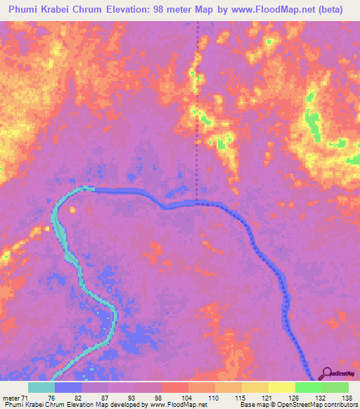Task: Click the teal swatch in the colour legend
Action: (41, 387)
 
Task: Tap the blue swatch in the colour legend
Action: (68, 387)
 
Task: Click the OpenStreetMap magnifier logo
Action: (327, 373)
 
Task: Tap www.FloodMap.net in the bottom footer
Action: (173, 405)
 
